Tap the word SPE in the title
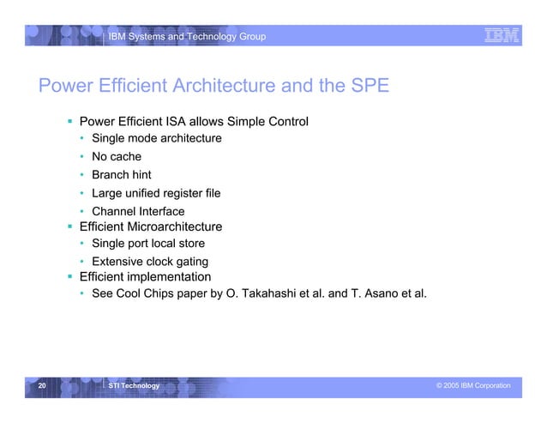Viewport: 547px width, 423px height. coord(369,88)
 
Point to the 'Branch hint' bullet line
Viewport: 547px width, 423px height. coord(121,175)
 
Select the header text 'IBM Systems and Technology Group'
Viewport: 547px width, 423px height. coord(186,36)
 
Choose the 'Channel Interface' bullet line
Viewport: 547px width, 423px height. coord(137,211)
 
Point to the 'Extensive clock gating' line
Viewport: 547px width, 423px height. coord(150,262)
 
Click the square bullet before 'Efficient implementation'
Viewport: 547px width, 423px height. coord(69,277)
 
